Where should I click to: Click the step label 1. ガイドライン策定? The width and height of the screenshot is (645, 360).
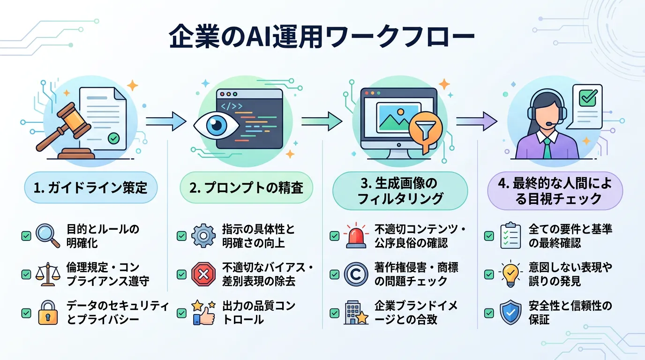90,188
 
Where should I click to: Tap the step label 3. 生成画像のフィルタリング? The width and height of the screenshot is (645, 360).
400,190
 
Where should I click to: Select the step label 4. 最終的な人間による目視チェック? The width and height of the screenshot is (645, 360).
555,190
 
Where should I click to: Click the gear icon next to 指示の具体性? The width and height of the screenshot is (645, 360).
203,236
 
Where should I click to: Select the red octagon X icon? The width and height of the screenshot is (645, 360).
203,275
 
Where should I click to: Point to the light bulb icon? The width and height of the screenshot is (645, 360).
510,275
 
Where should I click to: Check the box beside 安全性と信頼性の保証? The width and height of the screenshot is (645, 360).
489,313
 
